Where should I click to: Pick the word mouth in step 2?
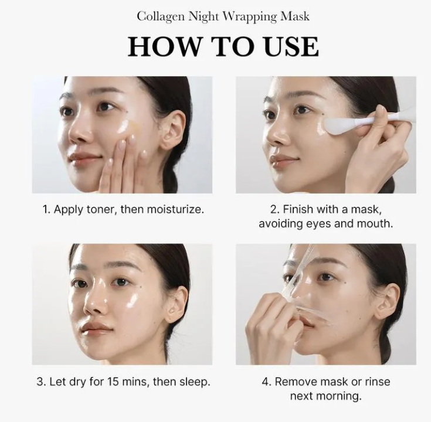point(373,224)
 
